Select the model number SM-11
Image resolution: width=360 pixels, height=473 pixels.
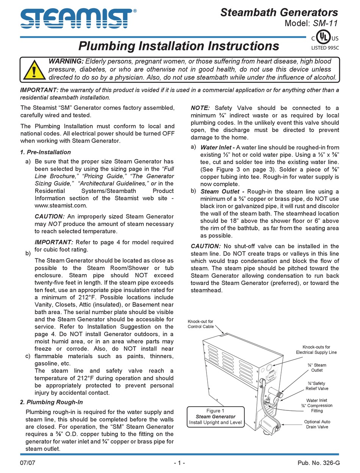point(326,24)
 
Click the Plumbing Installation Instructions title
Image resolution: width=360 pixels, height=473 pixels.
point(178,46)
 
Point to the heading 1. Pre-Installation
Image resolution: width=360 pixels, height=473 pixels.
point(45,152)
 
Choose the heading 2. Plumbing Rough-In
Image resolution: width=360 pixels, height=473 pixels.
point(51,402)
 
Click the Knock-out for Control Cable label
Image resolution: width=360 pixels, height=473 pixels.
point(200,324)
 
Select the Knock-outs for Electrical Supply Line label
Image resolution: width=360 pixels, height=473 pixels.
point(316,349)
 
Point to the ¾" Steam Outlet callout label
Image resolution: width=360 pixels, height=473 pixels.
point(317,368)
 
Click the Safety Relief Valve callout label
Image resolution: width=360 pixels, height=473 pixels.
point(317,386)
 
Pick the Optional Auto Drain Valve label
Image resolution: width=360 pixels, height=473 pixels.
point(317,424)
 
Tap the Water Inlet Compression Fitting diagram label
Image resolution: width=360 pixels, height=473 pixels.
point(317,405)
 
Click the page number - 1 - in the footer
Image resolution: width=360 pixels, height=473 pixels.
point(179,463)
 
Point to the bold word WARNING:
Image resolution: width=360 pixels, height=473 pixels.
point(66,61)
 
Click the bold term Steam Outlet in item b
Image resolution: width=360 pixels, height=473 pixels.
point(220,192)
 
